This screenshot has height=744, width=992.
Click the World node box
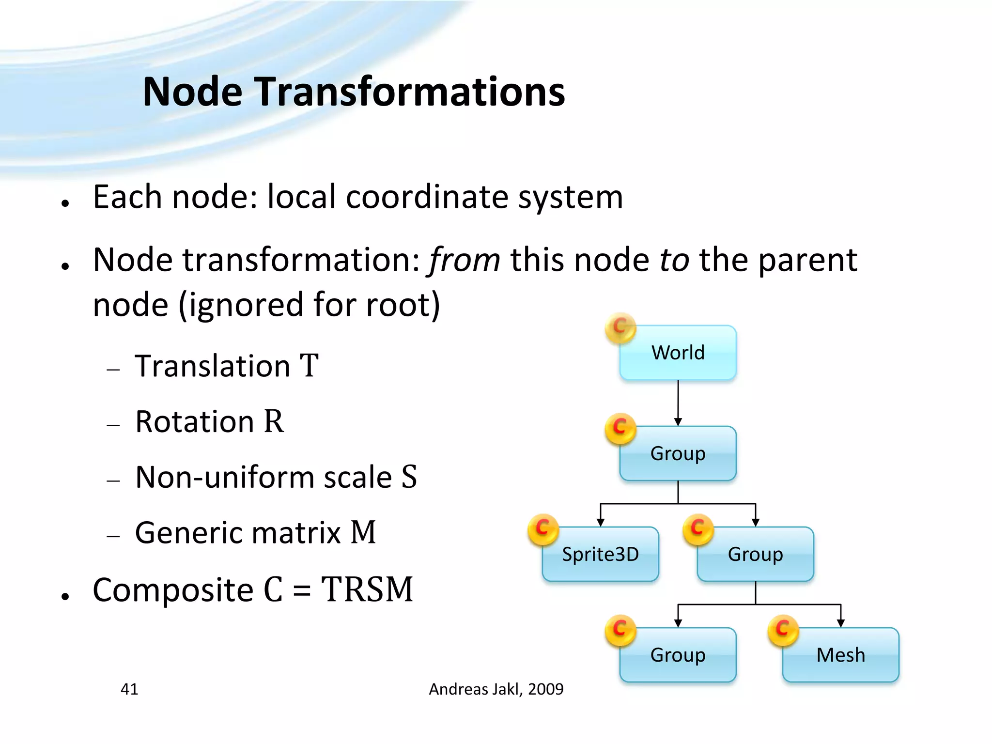[x=678, y=353]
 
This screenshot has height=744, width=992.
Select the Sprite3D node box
[x=601, y=554]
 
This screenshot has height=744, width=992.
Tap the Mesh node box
[x=840, y=655]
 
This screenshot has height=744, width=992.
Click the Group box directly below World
[x=678, y=453]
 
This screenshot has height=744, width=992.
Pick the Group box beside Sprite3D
[x=756, y=554]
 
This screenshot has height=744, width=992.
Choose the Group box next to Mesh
[x=678, y=655]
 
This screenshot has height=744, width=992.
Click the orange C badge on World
[x=620, y=327]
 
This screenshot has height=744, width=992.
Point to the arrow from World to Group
[x=678, y=402]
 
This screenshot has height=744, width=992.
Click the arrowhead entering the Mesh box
[x=841, y=623]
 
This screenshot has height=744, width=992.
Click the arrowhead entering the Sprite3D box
[x=601, y=522]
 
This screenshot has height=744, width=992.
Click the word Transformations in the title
[x=410, y=92]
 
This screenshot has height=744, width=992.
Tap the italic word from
[x=465, y=261]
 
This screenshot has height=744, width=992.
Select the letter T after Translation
[x=309, y=366]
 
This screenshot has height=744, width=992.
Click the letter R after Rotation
[x=273, y=421]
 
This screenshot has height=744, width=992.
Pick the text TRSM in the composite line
[x=367, y=590]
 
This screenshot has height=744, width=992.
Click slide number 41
[x=129, y=689]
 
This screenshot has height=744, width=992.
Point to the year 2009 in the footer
[x=546, y=689]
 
